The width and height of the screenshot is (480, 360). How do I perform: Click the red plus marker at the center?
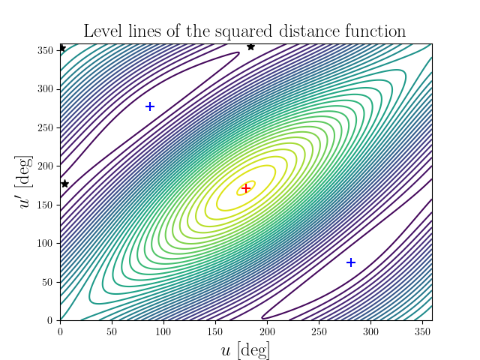(x=245, y=188)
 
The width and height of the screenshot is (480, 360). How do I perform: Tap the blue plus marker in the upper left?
(x=150, y=106)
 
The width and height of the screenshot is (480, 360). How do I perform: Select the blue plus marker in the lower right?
(x=351, y=262)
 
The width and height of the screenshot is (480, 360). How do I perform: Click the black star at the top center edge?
(x=250, y=47)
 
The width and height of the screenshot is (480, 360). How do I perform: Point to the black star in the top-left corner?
(x=61, y=49)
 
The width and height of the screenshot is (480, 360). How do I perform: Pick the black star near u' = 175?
(x=64, y=184)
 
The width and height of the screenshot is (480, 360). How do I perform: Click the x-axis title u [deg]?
(x=245, y=350)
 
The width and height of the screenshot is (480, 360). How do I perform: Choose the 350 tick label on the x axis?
(x=421, y=331)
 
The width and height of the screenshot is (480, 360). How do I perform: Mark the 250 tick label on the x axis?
(x=318, y=331)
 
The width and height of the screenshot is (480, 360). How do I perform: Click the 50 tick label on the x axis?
(x=112, y=331)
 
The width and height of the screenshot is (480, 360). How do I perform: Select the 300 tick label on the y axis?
(x=46, y=88)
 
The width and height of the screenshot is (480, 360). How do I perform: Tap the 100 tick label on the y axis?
(x=46, y=243)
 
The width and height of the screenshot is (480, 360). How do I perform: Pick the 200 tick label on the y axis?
(x=46, y=166)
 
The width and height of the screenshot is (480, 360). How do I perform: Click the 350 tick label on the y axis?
(x=46, y=50)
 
